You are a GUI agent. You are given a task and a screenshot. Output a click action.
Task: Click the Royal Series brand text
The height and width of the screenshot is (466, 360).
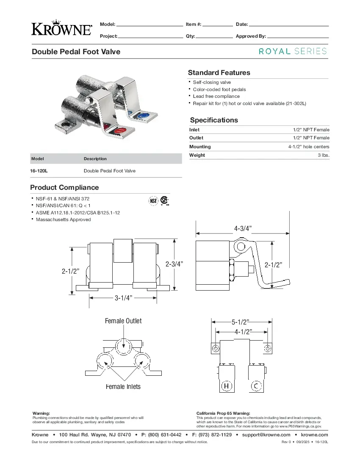pos(293,51)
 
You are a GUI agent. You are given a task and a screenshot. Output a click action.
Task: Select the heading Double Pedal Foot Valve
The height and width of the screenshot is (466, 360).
pos(76,52)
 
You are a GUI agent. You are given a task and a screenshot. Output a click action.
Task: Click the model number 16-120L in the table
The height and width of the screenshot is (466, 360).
pos(39,171)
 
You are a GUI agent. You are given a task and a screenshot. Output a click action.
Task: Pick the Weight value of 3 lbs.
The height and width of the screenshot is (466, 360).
pos(323,155)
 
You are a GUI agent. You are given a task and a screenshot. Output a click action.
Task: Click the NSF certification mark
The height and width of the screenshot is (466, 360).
pos(153,200)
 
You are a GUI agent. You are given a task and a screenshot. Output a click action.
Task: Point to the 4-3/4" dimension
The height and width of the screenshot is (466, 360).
pos(243,229)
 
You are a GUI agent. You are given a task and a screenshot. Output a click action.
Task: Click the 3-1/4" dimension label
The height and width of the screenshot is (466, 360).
pos(124,298)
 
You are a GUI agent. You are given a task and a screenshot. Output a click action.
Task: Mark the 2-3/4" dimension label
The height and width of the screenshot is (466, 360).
pos(174,264)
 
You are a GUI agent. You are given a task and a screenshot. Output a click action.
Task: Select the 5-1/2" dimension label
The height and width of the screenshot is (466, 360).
pos(240,322)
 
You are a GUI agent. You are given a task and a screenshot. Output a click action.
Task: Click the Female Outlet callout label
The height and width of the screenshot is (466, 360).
pos(123,321)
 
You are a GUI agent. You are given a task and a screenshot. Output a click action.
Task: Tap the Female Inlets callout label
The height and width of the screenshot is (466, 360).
pos(123,386)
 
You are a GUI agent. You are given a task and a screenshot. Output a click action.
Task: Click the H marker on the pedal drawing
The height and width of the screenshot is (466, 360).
pos(227,386)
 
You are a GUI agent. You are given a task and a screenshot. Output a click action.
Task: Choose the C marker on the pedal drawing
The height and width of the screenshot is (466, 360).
pos(256,386)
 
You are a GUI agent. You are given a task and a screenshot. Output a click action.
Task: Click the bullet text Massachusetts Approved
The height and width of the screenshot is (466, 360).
pos(63,219)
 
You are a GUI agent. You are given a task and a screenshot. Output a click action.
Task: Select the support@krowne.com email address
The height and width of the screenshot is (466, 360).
pos(266,435)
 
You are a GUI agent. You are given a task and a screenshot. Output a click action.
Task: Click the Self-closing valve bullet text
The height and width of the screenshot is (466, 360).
pos(212,82)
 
